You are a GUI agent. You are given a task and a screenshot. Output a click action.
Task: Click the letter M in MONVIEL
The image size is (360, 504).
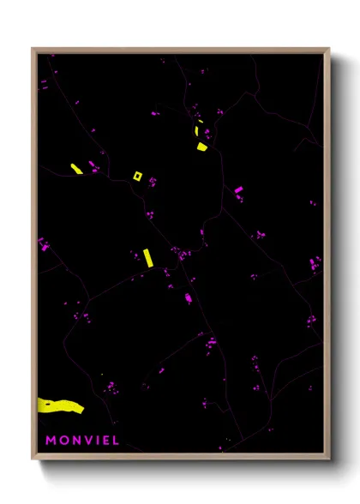(51, 441)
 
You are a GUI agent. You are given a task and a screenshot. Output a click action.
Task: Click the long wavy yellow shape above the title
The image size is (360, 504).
(60, 405)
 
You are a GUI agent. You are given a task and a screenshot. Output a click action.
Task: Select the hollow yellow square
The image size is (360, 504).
(137, 177)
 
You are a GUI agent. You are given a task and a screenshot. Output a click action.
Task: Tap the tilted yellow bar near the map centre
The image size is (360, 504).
(147, 257)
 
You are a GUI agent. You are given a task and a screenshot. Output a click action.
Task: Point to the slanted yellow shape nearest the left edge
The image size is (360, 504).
(75, 168)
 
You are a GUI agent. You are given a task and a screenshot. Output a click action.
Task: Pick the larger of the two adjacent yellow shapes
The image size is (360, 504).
(201, 147)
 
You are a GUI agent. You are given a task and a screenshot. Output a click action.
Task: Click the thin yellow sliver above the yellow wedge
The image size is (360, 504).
(198, 131)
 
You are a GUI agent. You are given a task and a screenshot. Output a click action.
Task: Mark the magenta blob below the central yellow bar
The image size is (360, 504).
(189, 297)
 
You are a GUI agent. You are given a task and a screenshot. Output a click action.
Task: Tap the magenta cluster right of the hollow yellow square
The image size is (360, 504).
(153, 181)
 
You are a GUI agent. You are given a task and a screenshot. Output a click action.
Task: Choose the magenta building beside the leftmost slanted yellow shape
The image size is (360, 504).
(92, 165)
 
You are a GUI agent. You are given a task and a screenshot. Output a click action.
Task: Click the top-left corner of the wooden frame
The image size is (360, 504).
(33, 49)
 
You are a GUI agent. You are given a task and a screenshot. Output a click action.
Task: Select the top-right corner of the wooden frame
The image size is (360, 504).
(330, 49)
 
